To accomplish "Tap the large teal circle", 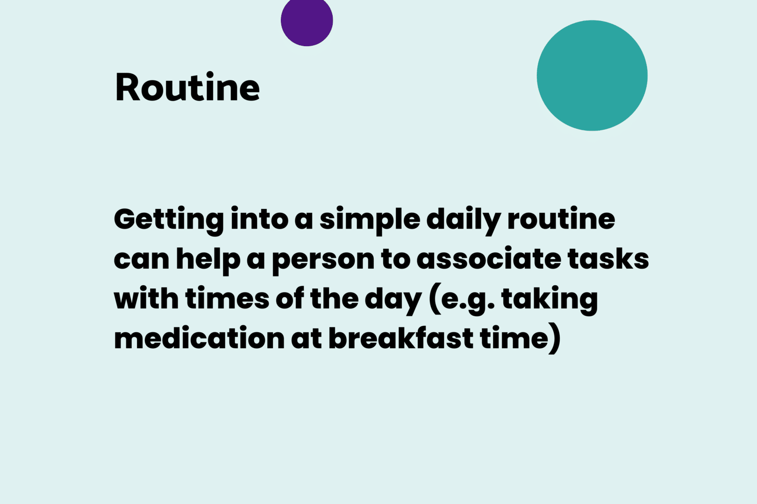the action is coord(592,75).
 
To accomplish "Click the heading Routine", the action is coord(187,87).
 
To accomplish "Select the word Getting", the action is coord(169,221).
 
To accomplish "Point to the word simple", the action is coord(370,221).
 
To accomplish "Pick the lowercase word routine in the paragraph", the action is coord(561,219).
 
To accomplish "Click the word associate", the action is coord(489,259).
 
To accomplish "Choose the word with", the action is coord(146,298).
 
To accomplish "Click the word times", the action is coord(227,298).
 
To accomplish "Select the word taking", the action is coord(550,301).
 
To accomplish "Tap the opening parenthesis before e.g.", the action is coord(435,299).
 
